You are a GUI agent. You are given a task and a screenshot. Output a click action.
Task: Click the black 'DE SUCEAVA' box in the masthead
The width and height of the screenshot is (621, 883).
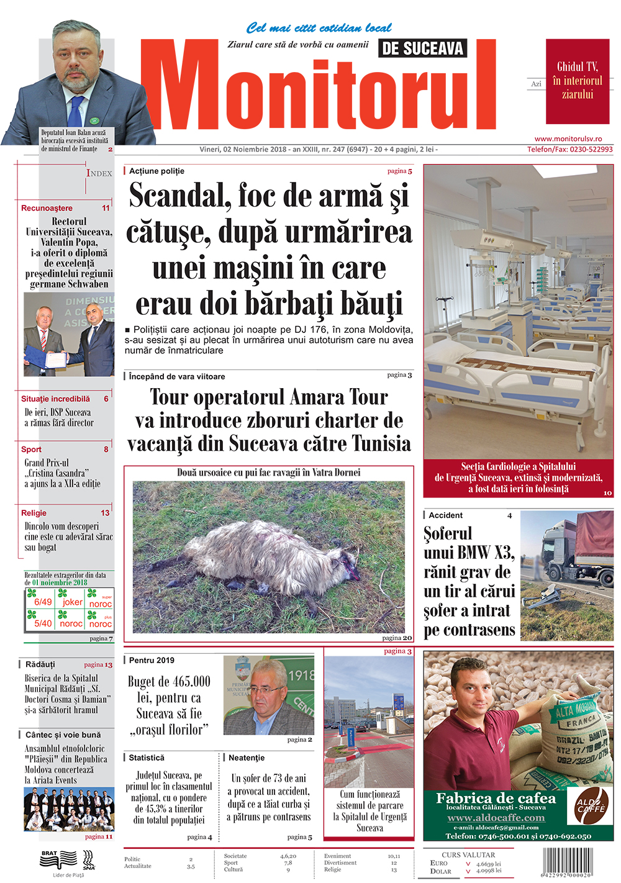coord(422,48)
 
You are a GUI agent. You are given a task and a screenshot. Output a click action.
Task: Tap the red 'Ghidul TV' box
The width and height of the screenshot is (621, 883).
coord(578,81)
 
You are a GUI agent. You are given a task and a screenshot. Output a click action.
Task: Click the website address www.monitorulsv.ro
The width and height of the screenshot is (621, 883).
coord(568,139)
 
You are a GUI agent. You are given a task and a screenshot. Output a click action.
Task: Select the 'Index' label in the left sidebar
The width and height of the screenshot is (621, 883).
coord(99,173)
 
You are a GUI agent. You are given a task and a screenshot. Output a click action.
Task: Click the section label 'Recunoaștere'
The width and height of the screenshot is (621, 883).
coord(47,208)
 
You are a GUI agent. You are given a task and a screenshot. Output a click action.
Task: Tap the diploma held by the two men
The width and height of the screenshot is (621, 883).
coord(56,359)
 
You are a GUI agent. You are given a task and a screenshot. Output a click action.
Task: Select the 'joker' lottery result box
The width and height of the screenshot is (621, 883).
coord(71,599)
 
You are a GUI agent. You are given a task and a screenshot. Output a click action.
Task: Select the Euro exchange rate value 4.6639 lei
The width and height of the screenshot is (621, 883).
coord(488,864)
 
